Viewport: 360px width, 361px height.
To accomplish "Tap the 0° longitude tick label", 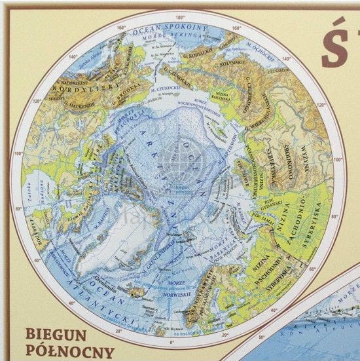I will pos(171,342).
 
